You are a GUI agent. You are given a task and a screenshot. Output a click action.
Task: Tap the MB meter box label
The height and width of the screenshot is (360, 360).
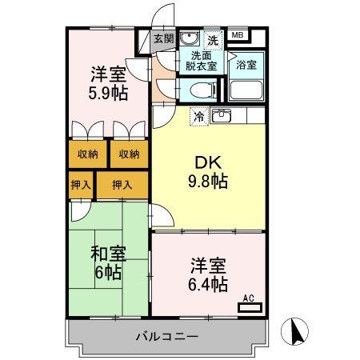(238, 36)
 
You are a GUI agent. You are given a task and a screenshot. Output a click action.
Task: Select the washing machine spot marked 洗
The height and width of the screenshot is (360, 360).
(213, 38)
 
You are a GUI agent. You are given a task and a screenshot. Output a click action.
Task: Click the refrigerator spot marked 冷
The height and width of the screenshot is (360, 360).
(197, 116)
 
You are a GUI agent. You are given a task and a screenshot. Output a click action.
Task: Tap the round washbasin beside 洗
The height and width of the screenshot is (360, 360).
(189, 38)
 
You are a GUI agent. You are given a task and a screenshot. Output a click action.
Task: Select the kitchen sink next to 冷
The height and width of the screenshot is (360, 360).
(222, 116)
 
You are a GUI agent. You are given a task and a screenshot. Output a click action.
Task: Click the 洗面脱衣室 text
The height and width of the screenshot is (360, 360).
(203, 62)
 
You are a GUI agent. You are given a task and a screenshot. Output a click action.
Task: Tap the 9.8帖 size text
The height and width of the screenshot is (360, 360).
(207, 181)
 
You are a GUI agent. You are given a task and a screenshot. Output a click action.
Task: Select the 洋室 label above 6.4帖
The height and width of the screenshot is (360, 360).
(207, 265)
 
